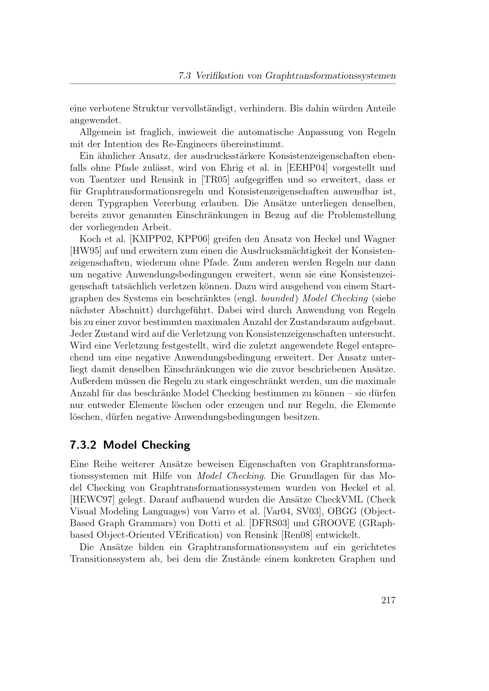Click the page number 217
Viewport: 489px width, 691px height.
(388, 600)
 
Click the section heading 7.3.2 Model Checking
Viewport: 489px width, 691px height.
(130, 445)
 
